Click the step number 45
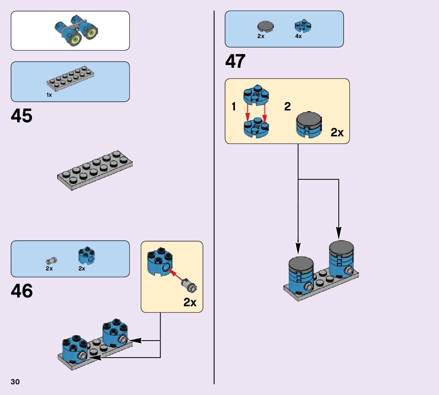22,116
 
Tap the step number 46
22,291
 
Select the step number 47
235,61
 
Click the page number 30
15,382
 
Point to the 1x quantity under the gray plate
49,95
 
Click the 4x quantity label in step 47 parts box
298,37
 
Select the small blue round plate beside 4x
303,26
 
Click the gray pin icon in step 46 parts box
51,261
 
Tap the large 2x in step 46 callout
190,302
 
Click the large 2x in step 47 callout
337,133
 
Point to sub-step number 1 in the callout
234,107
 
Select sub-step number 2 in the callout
287,107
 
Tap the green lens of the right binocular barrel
91,33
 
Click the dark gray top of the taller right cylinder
341,247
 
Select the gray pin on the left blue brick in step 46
82,356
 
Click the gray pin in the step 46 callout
190,285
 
